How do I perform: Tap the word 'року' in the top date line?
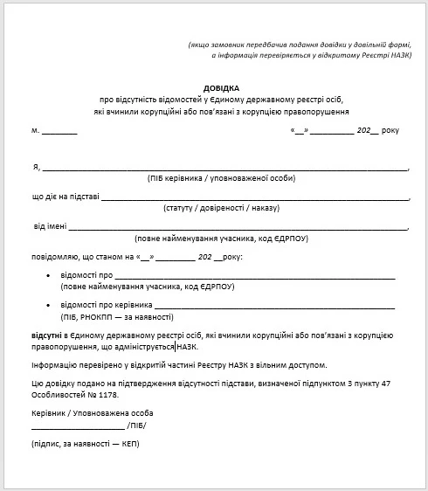pos(389,130)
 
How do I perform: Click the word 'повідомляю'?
pos(55,258)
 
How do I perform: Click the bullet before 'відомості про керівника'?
pos(47,305)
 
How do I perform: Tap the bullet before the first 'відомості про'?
pos(47,276)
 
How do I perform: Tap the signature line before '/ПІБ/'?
pos(78,427)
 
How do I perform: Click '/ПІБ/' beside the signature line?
pos(136,425)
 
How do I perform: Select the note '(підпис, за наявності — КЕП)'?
pos(86,444)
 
